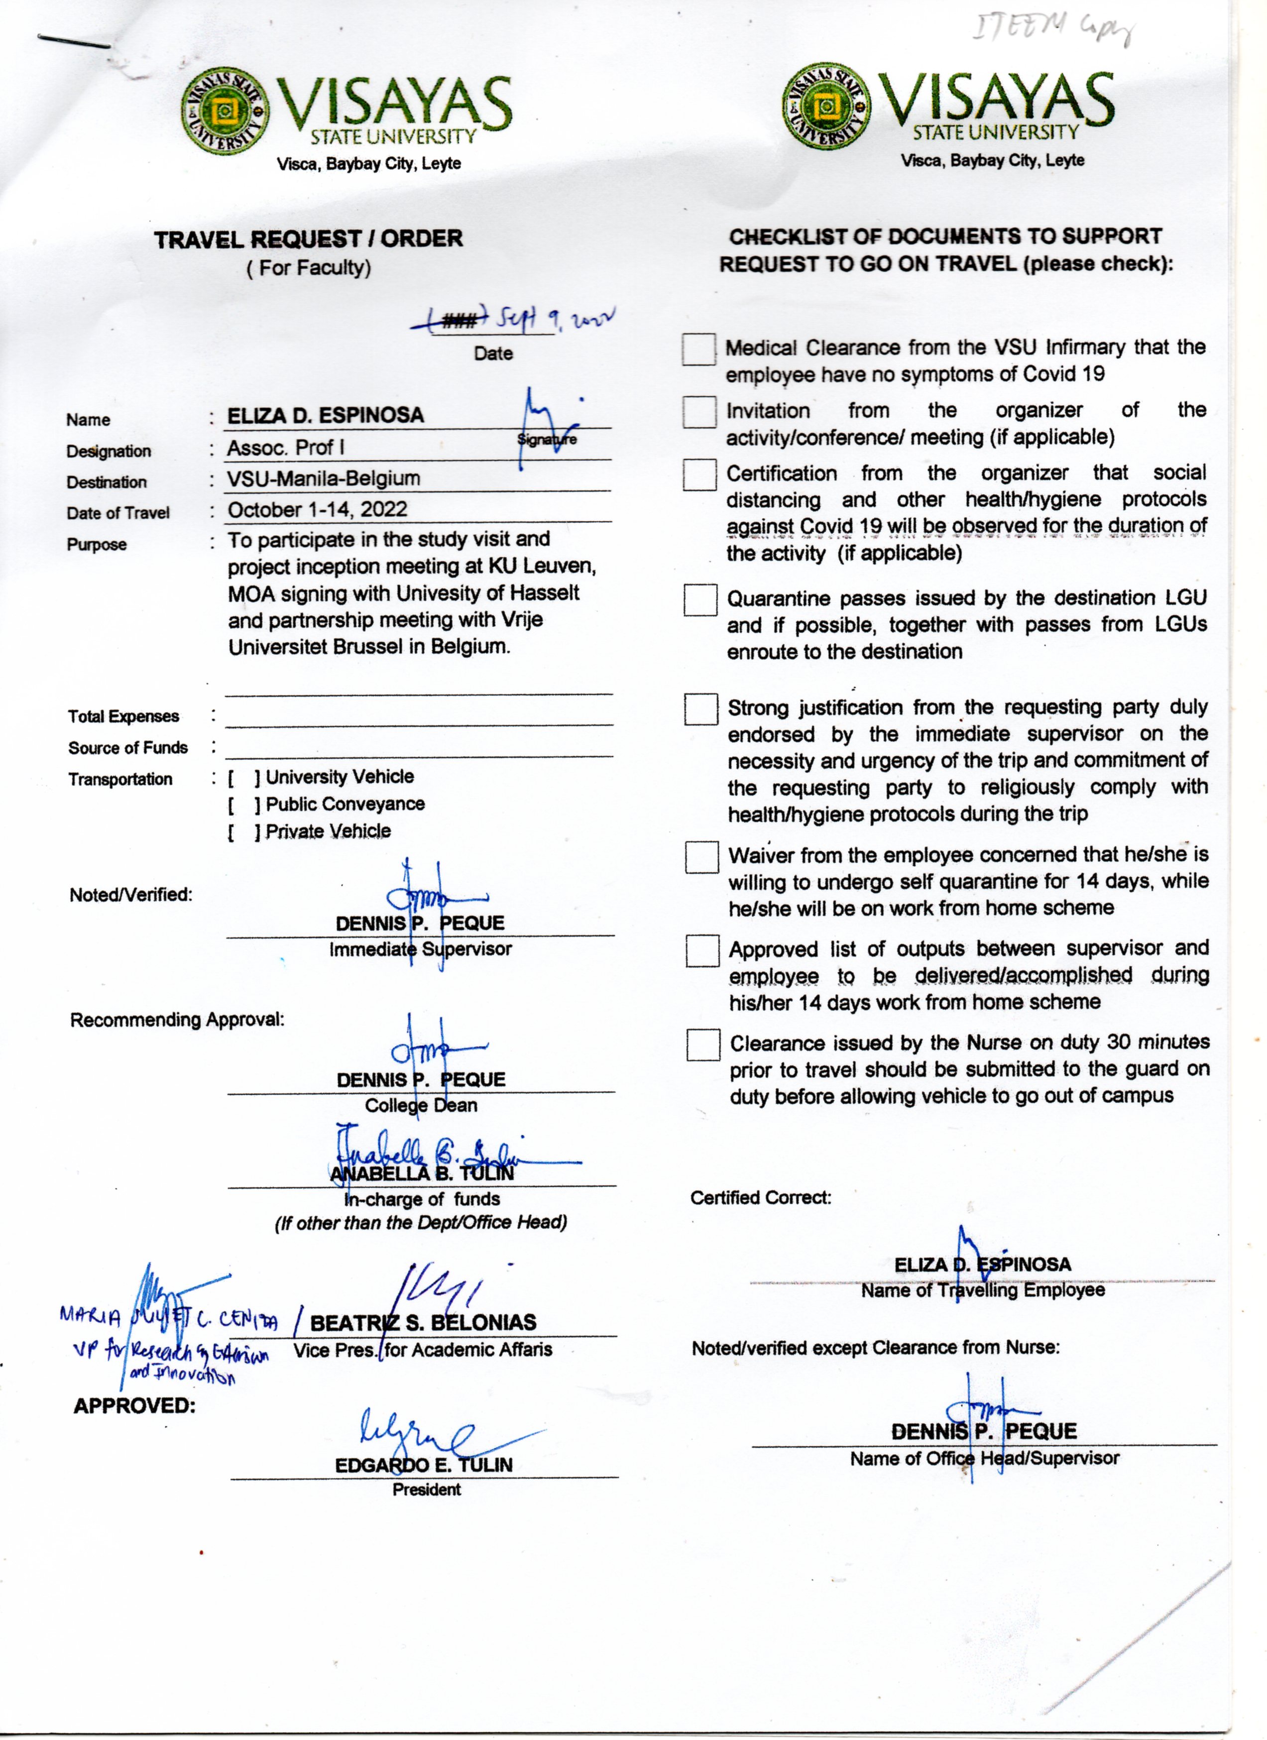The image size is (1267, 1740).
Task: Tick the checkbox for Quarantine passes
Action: coord(700,600)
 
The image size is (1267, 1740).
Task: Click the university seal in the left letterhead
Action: coord(225,111)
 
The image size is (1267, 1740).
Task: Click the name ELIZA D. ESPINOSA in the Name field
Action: coord(325,416)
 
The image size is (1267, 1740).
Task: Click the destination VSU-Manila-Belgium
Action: coord(324,479)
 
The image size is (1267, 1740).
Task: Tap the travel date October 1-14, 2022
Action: coord(317,509)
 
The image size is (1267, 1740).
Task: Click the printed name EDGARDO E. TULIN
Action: coord(423,1465)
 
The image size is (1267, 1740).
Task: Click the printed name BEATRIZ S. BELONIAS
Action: coord(423,1323)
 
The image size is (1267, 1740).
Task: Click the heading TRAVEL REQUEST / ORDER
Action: coord(308,239)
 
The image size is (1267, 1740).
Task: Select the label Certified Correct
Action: coord(760,1198)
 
